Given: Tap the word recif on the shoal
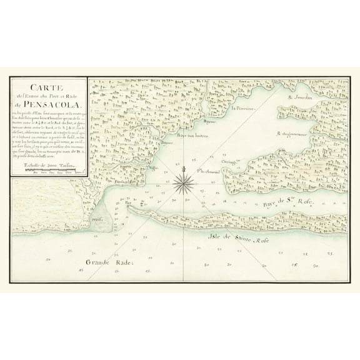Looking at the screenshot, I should coord(96,219).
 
